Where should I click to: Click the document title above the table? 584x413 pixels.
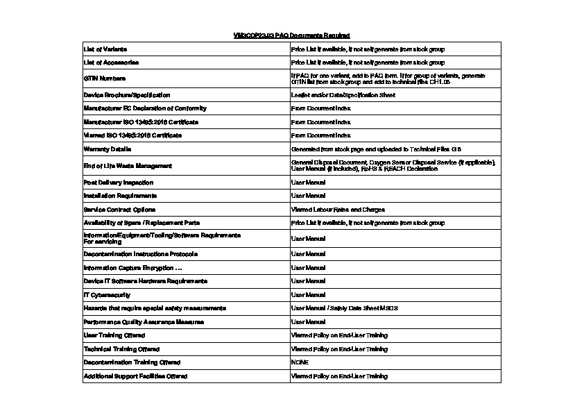click(291, 35)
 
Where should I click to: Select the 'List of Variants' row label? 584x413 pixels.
click(105, 49)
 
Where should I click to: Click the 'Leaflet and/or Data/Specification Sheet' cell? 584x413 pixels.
click(343, 94)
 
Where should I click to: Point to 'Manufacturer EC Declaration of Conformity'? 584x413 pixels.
click(145, 108)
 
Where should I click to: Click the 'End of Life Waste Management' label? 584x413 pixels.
click(128, 166)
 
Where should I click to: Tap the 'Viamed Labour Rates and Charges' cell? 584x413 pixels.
click(338, 209)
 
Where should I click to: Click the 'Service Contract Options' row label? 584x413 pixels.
click(119, 209)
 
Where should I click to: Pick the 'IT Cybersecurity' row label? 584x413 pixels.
click(107, 295)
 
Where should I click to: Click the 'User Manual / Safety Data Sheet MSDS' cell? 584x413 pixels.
click(345, 308)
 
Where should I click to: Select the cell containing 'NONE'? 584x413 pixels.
click(300, 362)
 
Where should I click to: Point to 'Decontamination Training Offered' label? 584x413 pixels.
click(132, 362)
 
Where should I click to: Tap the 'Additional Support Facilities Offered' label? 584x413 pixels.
click(135, 376)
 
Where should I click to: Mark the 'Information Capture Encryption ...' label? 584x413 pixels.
click(132, 268)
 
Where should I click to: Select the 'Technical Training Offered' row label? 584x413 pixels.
click(121, 349)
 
